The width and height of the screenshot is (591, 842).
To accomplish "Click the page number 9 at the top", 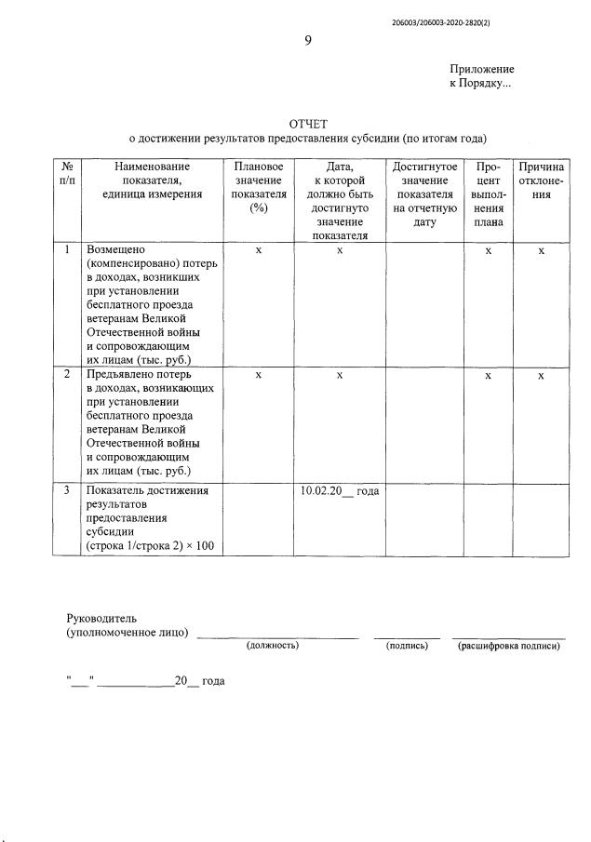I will tap(308, 40).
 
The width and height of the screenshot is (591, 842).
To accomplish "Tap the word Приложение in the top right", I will tap(481, 70).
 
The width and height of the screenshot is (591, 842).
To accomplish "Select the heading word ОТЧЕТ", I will tap(308, 124).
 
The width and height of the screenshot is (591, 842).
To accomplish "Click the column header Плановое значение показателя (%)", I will tap(258, 187).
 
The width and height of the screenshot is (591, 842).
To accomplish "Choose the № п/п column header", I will tap(66, 173).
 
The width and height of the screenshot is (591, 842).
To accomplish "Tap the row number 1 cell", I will tap(66, 250).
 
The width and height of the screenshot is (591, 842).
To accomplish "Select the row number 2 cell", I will tap(66, 374).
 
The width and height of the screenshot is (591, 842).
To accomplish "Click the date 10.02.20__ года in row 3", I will tap(340, 491).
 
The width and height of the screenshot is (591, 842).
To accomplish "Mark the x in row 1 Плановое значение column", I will tap(259, 251).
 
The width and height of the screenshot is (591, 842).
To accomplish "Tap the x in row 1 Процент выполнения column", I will tap(488, 251).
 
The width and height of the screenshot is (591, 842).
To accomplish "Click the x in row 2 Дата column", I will tap(340, 375).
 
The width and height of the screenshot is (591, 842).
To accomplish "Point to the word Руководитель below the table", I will tap(101, 619).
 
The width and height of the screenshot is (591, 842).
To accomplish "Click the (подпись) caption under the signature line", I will tap(406, 646).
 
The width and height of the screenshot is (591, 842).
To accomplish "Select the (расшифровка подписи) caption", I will tap(509, 646).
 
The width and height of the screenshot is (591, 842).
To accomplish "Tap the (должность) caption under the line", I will tap(272, 646).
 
